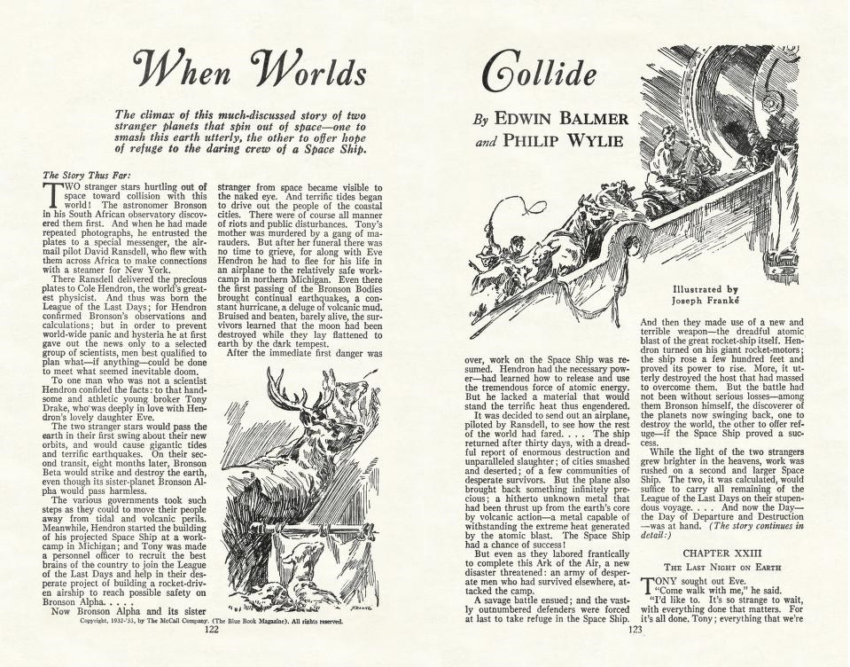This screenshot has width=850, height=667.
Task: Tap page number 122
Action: point(212,631)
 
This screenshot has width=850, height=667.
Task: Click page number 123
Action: point(635,631)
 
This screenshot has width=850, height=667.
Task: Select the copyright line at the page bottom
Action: point(212,621)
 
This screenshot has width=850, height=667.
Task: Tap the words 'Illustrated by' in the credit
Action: point(705,289)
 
